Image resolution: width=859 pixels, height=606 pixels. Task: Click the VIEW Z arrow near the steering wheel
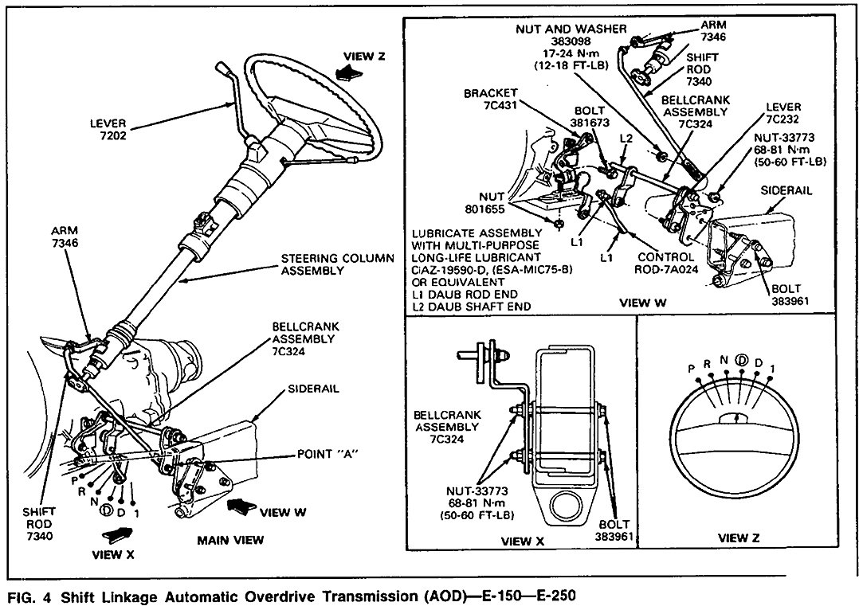point(348,72)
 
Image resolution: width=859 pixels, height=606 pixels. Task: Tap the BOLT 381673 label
point(589,117)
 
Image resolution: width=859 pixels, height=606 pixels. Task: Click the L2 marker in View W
point(627,139)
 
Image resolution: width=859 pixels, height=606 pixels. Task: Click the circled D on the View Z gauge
point(741,359)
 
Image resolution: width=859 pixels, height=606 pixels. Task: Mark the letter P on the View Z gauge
point(692,369)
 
